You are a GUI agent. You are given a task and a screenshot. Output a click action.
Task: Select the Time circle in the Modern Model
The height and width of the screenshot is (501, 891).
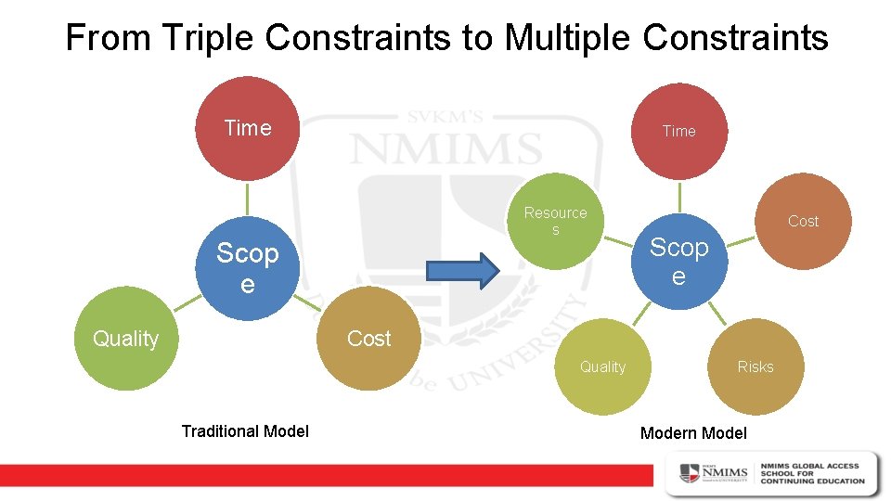coord(678,131)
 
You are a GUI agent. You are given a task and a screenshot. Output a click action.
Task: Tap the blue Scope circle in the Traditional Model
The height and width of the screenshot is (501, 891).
coord(247,268)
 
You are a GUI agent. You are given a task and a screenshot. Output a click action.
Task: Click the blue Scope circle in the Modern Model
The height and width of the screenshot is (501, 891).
coord(678,263)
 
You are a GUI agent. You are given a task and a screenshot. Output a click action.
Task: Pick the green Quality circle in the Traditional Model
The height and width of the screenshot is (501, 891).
coord(125,339)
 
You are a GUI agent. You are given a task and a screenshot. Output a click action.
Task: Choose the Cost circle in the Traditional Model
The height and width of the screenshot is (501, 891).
coord(369,339)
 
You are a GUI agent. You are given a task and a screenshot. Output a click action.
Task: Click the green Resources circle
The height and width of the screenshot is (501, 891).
coord(556,221)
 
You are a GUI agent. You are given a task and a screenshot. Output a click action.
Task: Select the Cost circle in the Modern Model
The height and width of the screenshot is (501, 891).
coord(803,221)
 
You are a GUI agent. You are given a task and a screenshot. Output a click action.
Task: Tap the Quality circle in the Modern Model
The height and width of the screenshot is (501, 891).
coord(603,366)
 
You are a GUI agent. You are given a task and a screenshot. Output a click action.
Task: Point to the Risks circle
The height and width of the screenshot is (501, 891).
coord(755,366)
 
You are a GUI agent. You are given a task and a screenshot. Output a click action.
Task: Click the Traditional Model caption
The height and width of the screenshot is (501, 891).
coord(245,430)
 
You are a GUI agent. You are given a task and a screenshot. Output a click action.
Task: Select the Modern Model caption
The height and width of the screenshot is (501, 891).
coord(693,433)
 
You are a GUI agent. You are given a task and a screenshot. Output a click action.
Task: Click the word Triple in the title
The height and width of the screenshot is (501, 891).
coord(211,38)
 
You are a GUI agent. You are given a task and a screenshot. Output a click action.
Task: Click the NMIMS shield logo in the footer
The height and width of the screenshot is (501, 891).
coord(689,473)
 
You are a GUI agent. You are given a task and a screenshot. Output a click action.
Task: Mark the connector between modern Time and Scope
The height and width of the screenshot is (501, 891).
coord(678,196)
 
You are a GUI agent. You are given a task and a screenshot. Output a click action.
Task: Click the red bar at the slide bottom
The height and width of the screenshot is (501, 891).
coord(325,474)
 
